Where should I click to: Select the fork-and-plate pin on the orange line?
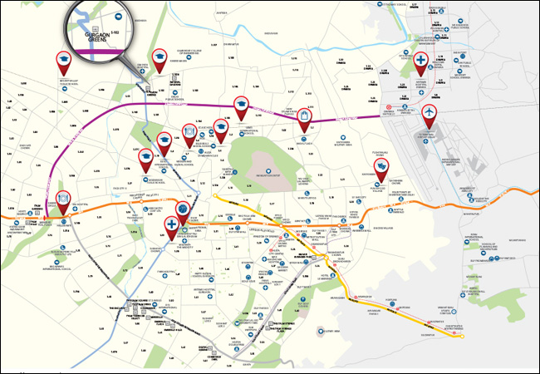(x=62, y=200)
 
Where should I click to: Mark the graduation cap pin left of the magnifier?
(x=62, y=60)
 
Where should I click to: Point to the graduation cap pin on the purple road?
(x=241, y=105)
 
